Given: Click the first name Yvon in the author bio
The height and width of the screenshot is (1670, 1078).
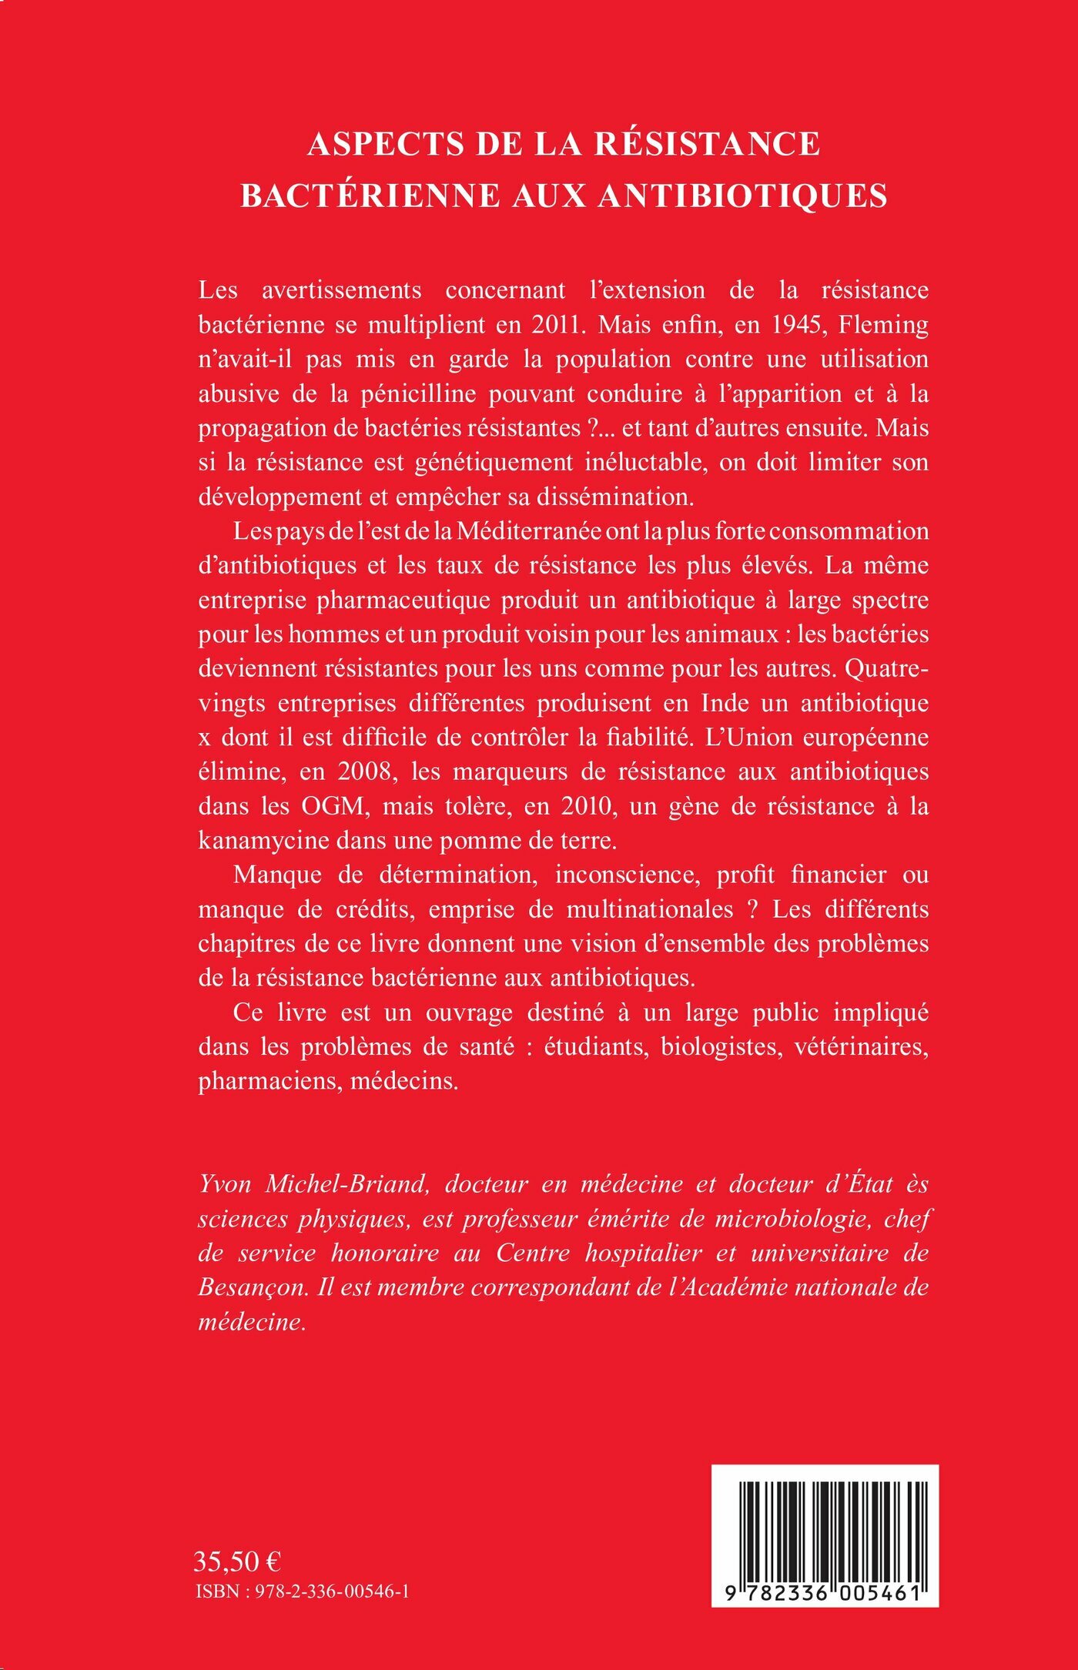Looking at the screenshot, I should pos(225,1185).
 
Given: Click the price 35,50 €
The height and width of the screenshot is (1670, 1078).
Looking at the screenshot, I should pos(237,1562).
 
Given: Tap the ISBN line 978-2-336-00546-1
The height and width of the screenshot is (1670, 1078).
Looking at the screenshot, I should pos(303,1591).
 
